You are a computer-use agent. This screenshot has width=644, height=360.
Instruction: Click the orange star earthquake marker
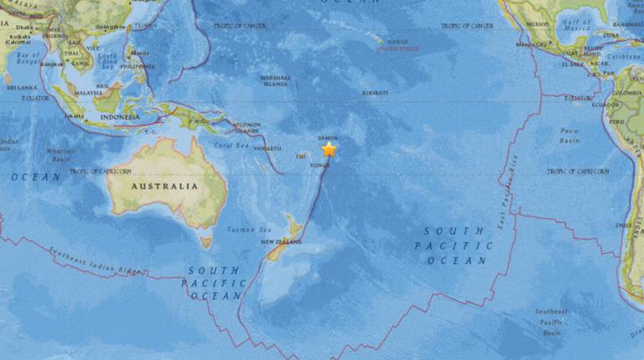[329, 150]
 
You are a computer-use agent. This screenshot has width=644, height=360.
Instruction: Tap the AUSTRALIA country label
[164, 186]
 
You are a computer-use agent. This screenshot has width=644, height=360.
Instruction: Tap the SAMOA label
[329, 138]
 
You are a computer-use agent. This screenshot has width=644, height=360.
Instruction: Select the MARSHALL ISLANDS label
[275, 81]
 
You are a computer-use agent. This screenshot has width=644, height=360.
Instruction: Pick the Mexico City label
[531, 44]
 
